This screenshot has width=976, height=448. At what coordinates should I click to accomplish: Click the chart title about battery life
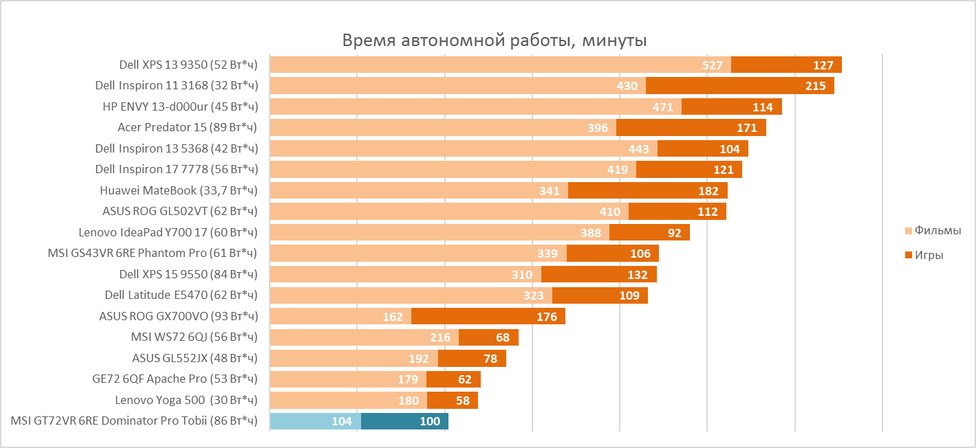pos(494,41)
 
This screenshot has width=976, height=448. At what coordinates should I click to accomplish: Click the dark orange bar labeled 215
pos(739,86)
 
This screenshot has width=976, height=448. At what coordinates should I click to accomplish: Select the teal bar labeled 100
pos(404,421)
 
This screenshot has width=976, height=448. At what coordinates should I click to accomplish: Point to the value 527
pos(712,65)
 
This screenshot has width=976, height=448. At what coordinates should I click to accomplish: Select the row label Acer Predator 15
pos(187,128)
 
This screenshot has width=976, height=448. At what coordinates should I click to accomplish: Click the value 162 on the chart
pos(392,317)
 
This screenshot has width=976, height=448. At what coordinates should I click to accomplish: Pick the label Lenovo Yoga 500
pos(186,399)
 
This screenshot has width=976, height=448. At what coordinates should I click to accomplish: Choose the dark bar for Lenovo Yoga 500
pos(452,400)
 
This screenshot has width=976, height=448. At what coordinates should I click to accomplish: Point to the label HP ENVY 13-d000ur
pos(180,107)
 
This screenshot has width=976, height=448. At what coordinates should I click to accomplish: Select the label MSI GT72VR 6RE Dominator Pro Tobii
pos(134,421)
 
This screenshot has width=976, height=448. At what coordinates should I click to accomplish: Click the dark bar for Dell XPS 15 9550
pos(598,275)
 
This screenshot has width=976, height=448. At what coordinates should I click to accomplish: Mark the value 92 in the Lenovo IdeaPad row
pos(674,233)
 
